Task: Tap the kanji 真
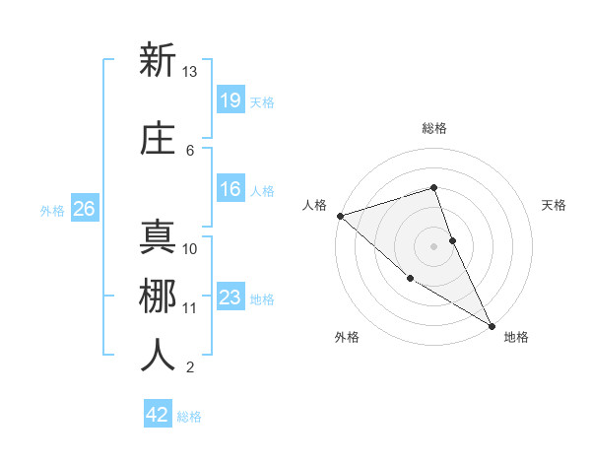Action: (158, 236)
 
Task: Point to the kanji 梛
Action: (158, 296)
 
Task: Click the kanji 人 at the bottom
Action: (158, 356)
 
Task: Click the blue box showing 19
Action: (230, 99)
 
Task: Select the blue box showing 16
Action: (230, 190)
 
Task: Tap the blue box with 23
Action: (230, 297)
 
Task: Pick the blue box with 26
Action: (84, 209)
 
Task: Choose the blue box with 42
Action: (158, 415)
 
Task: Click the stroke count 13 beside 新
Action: (190, 72)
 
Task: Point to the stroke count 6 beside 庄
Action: (190, 151)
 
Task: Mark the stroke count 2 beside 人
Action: (190, 368)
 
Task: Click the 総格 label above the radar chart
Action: (434, 128)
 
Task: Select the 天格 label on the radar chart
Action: (555, 205)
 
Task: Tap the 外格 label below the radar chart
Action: (347, 337)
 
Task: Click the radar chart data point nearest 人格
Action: (340, 216)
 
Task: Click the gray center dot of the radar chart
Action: (434, 246)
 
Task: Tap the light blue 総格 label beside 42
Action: (189, 417)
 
